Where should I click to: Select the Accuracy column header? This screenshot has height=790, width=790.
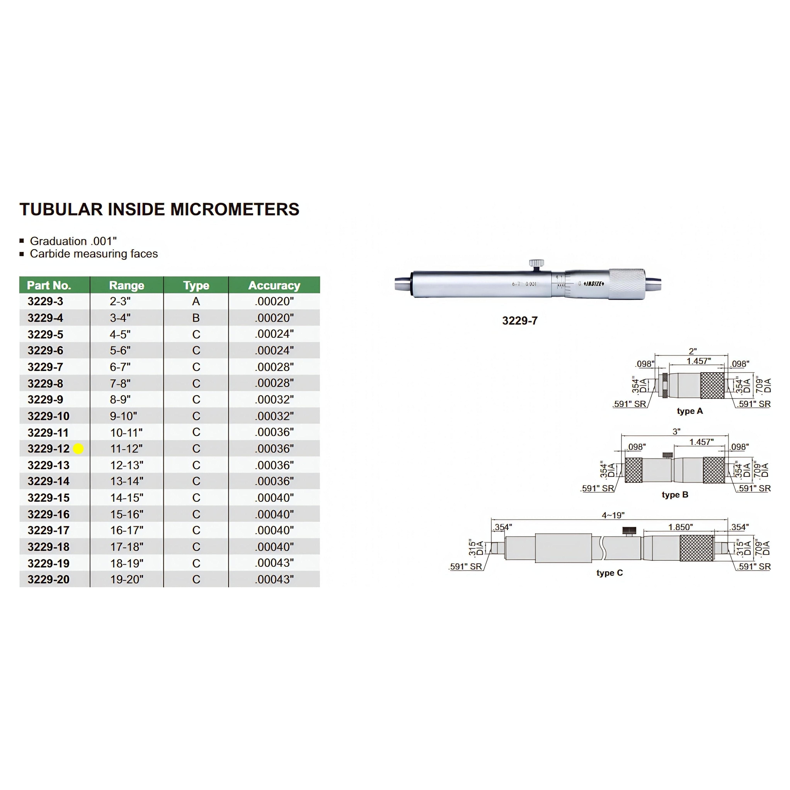[274, 285]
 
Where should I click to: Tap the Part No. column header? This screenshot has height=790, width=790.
[49, 285]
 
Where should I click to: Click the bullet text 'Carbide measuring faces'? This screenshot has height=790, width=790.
[94, 254]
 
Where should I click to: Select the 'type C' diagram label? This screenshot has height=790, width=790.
[609, 573]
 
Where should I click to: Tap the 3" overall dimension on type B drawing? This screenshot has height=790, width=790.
[676, 431]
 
